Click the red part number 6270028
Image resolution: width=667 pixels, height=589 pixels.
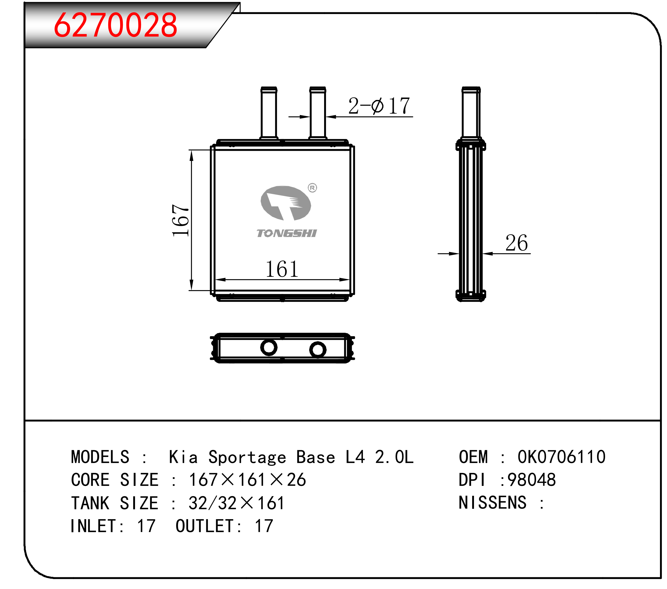point(116,25)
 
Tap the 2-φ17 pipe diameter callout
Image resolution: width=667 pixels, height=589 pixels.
point(379,105)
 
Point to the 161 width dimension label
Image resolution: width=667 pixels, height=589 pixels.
point(282,269)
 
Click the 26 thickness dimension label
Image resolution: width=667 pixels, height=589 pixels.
point(517,243)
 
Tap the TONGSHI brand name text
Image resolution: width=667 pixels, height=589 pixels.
point(286,233)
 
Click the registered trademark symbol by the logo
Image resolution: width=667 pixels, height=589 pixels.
point(312,188)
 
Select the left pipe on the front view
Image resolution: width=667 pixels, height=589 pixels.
point(269,113)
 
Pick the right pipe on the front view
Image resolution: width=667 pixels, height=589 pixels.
point(318,113)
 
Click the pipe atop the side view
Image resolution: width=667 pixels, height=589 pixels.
point(471,113)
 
